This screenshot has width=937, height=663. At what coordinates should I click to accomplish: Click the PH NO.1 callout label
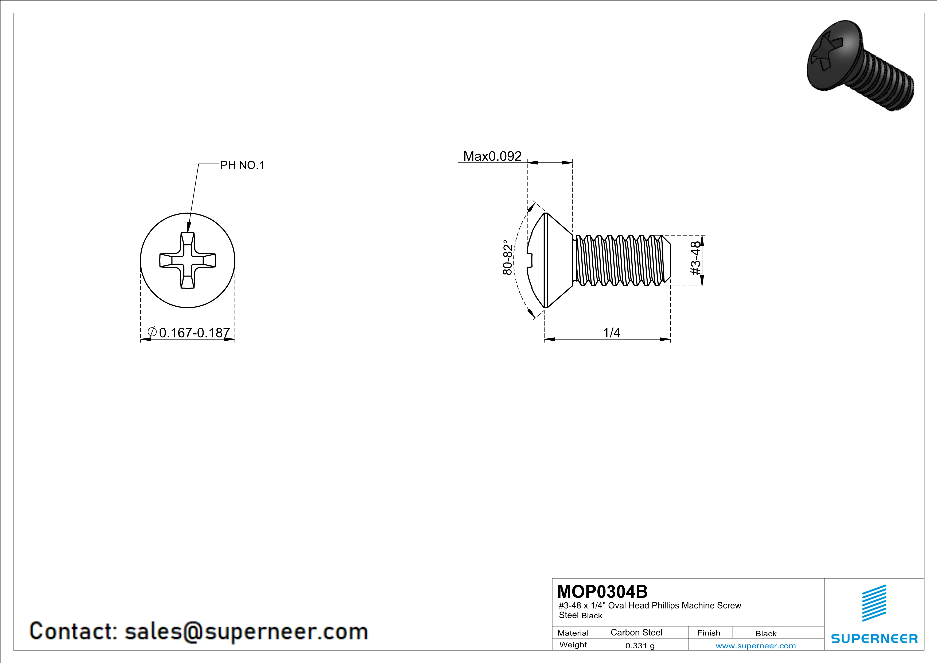point(242,165)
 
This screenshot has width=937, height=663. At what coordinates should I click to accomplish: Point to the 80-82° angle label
point(507,257)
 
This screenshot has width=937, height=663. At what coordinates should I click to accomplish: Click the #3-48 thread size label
point(695,258)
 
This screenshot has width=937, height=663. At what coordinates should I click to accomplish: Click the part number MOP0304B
point(602,592)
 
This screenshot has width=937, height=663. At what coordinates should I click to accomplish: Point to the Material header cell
point(573,633)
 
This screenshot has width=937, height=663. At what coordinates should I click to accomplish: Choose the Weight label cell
point(573,645)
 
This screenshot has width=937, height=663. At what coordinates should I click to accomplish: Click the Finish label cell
point(709,633)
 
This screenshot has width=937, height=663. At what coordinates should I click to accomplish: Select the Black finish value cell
point(765,634)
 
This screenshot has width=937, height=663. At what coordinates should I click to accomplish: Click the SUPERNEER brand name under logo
point(874,638)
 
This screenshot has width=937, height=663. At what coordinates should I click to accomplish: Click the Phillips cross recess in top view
point(187,260)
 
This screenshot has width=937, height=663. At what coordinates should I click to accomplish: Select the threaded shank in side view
point(621,260)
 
